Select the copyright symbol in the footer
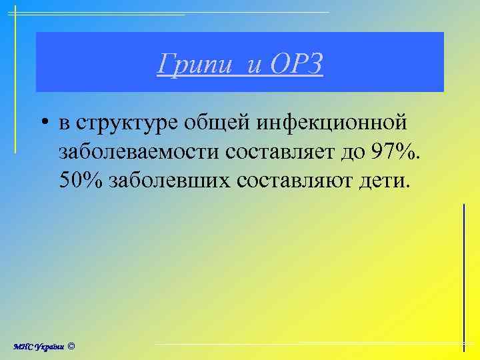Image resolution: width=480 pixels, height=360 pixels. [x=71, y=346]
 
